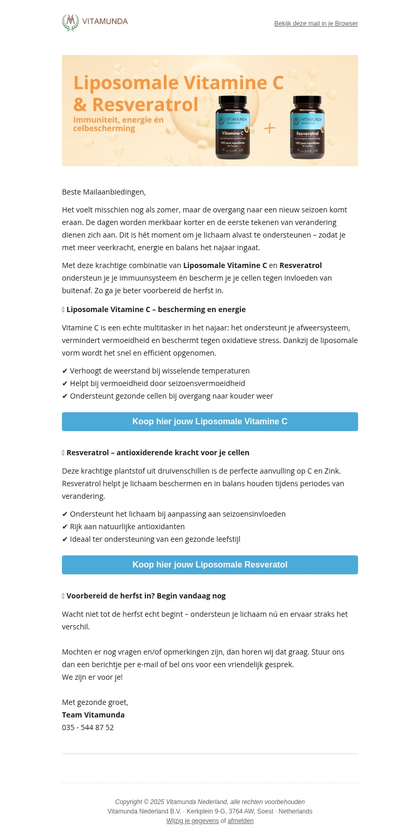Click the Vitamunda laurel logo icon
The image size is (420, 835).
[x=70, y=23]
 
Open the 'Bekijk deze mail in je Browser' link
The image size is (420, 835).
[x=316, y=24]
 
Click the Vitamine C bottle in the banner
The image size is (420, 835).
[x=233, y=127]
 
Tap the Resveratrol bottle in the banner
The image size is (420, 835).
[x=307, y=127]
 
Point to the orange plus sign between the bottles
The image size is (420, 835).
[x=269, y=129]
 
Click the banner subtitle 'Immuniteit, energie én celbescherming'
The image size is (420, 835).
[x=118, y=124]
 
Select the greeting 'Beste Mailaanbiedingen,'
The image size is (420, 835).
[x=104, y=192]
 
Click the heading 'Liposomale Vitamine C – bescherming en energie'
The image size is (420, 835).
[x=156, y=309]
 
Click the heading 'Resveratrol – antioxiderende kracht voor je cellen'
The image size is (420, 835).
[x=157, y=453]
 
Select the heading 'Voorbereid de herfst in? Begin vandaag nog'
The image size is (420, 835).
[x=146, y=596]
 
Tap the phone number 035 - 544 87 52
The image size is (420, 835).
[x=88, y=727]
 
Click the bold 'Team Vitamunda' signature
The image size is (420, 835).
[x=93, y=715]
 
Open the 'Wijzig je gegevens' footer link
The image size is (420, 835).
[x=193, y=821]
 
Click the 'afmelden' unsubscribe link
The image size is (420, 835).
[x=240, y=821]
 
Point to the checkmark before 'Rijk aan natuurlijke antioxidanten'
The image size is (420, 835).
[x=65, y=527]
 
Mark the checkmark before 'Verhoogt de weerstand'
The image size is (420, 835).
[x=65, y=371]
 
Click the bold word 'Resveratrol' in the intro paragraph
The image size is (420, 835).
[x=300, y=265]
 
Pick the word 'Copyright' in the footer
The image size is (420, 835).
[x=129, y=802]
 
